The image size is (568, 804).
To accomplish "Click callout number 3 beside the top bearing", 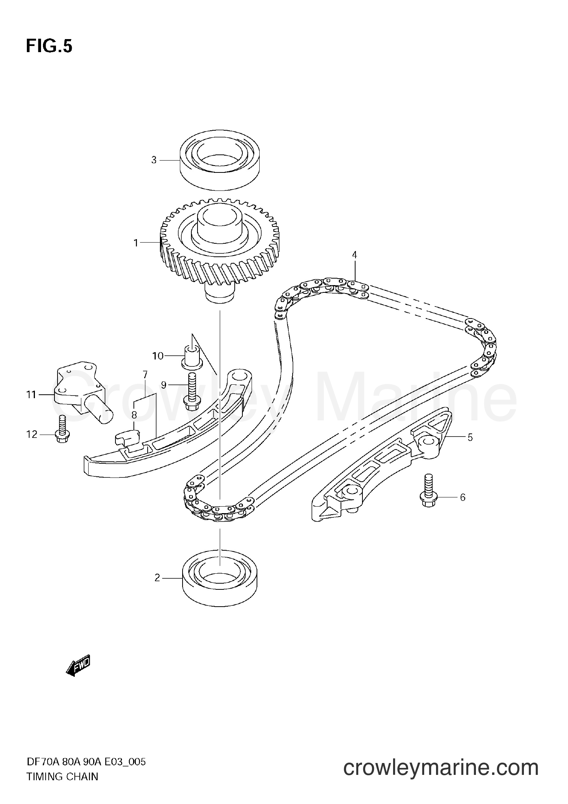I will pyautogui.click(x=154, y=160).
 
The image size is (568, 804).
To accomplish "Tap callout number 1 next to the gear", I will pyautogui.click(x=135, y=243).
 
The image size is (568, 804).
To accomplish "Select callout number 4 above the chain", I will pyautogui.click(x=354, y=255).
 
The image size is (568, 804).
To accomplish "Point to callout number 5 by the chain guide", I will pyautogui.click(x=470, y=437).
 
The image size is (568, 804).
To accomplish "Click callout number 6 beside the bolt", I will pyautogui.click(x=463, y=497).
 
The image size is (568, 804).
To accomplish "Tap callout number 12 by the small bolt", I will pyautogui.click(x=32, y=434).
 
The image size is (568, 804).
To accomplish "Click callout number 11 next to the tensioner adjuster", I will pyautogui.click(x=31, y=394).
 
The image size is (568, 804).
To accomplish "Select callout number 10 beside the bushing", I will pyautogui.click(x=158, y=356).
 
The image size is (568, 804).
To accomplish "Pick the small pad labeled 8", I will pyautogui.click(x=128, y=436).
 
